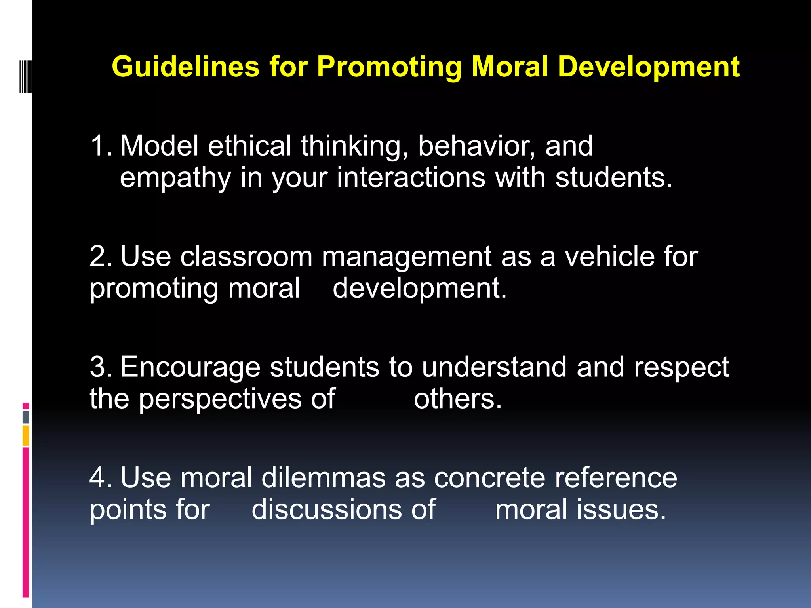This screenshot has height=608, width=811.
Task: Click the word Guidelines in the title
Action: tap(185, 66)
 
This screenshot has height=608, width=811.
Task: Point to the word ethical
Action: tap(249, 146)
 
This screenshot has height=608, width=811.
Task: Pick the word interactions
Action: tap(411, 177)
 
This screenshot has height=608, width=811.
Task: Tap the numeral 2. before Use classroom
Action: tap(101, 256)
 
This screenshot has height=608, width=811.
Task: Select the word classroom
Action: tap(246, 256)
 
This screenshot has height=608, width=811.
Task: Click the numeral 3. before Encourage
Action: tap(101, 367)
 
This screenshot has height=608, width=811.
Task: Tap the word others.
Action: tap(457, 399)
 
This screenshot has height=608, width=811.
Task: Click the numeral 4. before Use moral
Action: tap(101, 478)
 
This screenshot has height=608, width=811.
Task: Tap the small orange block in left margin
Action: tap(26, 435)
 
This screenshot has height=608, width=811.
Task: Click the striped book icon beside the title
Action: tap(25, 76)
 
